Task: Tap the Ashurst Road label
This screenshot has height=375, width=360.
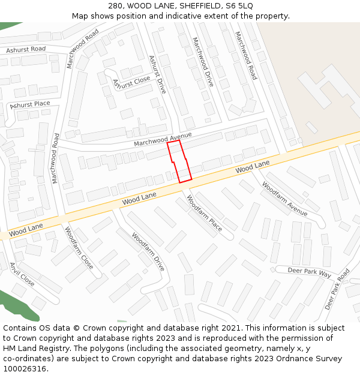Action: coord(26,50)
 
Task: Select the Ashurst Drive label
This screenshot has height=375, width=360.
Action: coord(157,74)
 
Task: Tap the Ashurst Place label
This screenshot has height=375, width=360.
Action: coord(30,104)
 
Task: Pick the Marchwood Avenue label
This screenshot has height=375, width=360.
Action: coord(163,139)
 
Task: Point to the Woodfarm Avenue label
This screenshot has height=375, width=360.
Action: coord(284,199)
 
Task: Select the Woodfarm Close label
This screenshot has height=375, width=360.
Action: coord(79,247)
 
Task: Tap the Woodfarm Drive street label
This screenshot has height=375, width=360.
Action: coord(148,251)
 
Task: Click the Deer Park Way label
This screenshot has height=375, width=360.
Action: coord(310,272)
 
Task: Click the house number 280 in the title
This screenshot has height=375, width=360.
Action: coord(115,5)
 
